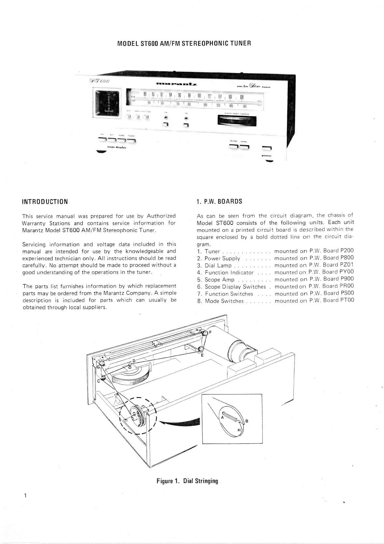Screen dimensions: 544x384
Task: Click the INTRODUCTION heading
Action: pos(45,202)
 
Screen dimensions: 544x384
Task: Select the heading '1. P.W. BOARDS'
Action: pos(219,202)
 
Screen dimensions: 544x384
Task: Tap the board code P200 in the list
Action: pos(347,251)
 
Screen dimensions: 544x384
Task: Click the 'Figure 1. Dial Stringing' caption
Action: pos(187,481)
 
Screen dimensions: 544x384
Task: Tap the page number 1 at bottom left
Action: pos(25,496)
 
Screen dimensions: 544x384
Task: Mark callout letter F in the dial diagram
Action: pos(210,332)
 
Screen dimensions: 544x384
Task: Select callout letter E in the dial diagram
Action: pos(202,356)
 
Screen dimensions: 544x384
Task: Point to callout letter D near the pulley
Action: pos(134,360)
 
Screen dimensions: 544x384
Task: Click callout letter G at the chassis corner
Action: pos(98,367)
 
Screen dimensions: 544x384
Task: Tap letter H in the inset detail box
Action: pos(239,430)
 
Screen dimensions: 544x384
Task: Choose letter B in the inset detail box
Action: pos(247,421)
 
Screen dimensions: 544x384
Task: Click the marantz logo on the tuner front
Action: pos(176,84)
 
